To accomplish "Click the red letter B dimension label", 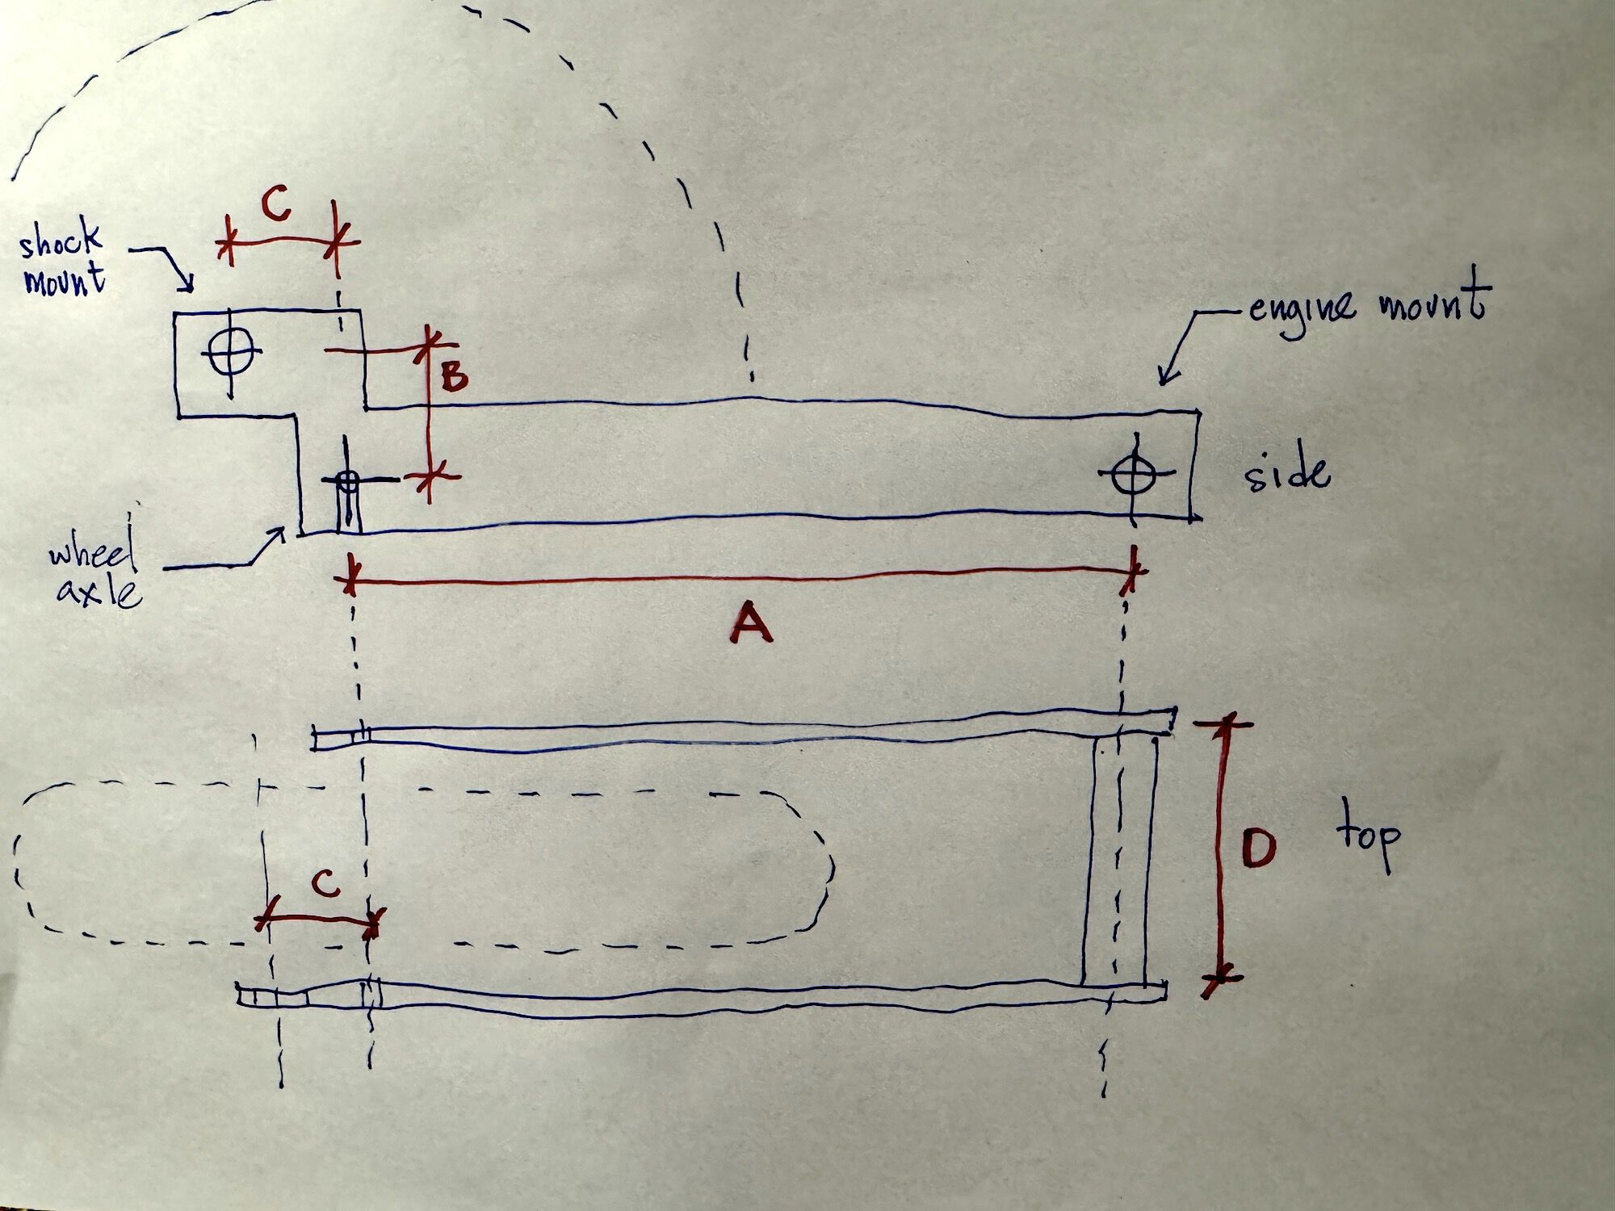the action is [455, 376].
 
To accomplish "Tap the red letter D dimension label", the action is [1257, 849].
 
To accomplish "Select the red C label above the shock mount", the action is [276, 207].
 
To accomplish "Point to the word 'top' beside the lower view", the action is [1367, 840].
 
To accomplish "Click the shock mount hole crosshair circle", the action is [230, 350].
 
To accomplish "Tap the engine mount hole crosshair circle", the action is [1132, 473].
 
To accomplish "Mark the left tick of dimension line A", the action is [349, 580].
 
